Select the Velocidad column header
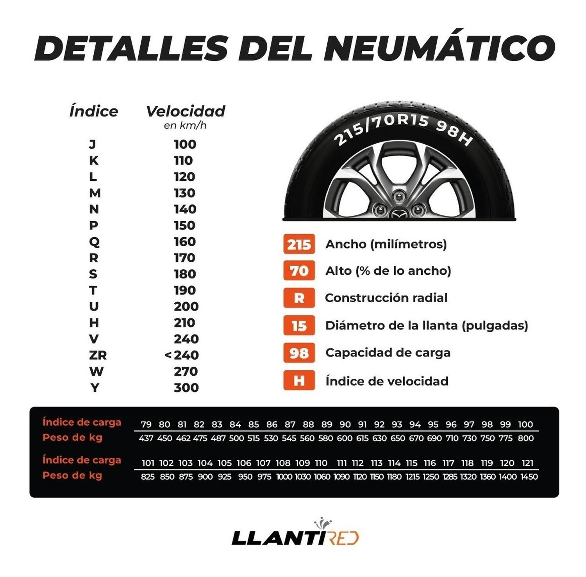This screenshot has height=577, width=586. pos(186,111)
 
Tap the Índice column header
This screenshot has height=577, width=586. pos(94,111)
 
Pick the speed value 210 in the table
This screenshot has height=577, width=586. pos(184,323)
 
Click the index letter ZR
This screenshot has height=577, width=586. pos(98,355)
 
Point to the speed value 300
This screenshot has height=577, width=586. pos(186,387)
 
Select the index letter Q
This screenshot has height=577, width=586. pos(94,242)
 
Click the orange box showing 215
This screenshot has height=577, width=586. pos(299,244)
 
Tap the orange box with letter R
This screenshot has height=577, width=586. pos(299,298)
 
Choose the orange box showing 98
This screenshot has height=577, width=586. pos(299,353)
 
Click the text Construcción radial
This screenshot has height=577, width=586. pos(386,298)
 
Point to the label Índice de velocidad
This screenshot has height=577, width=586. pos(387,381)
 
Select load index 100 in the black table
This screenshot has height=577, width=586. pos(525,424)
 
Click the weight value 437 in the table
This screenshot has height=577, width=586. pos(146,438)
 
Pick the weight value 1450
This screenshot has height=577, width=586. pos(529,477)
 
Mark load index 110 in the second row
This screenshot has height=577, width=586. pos(321,463)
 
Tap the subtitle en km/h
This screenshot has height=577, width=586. pos(185,125)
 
